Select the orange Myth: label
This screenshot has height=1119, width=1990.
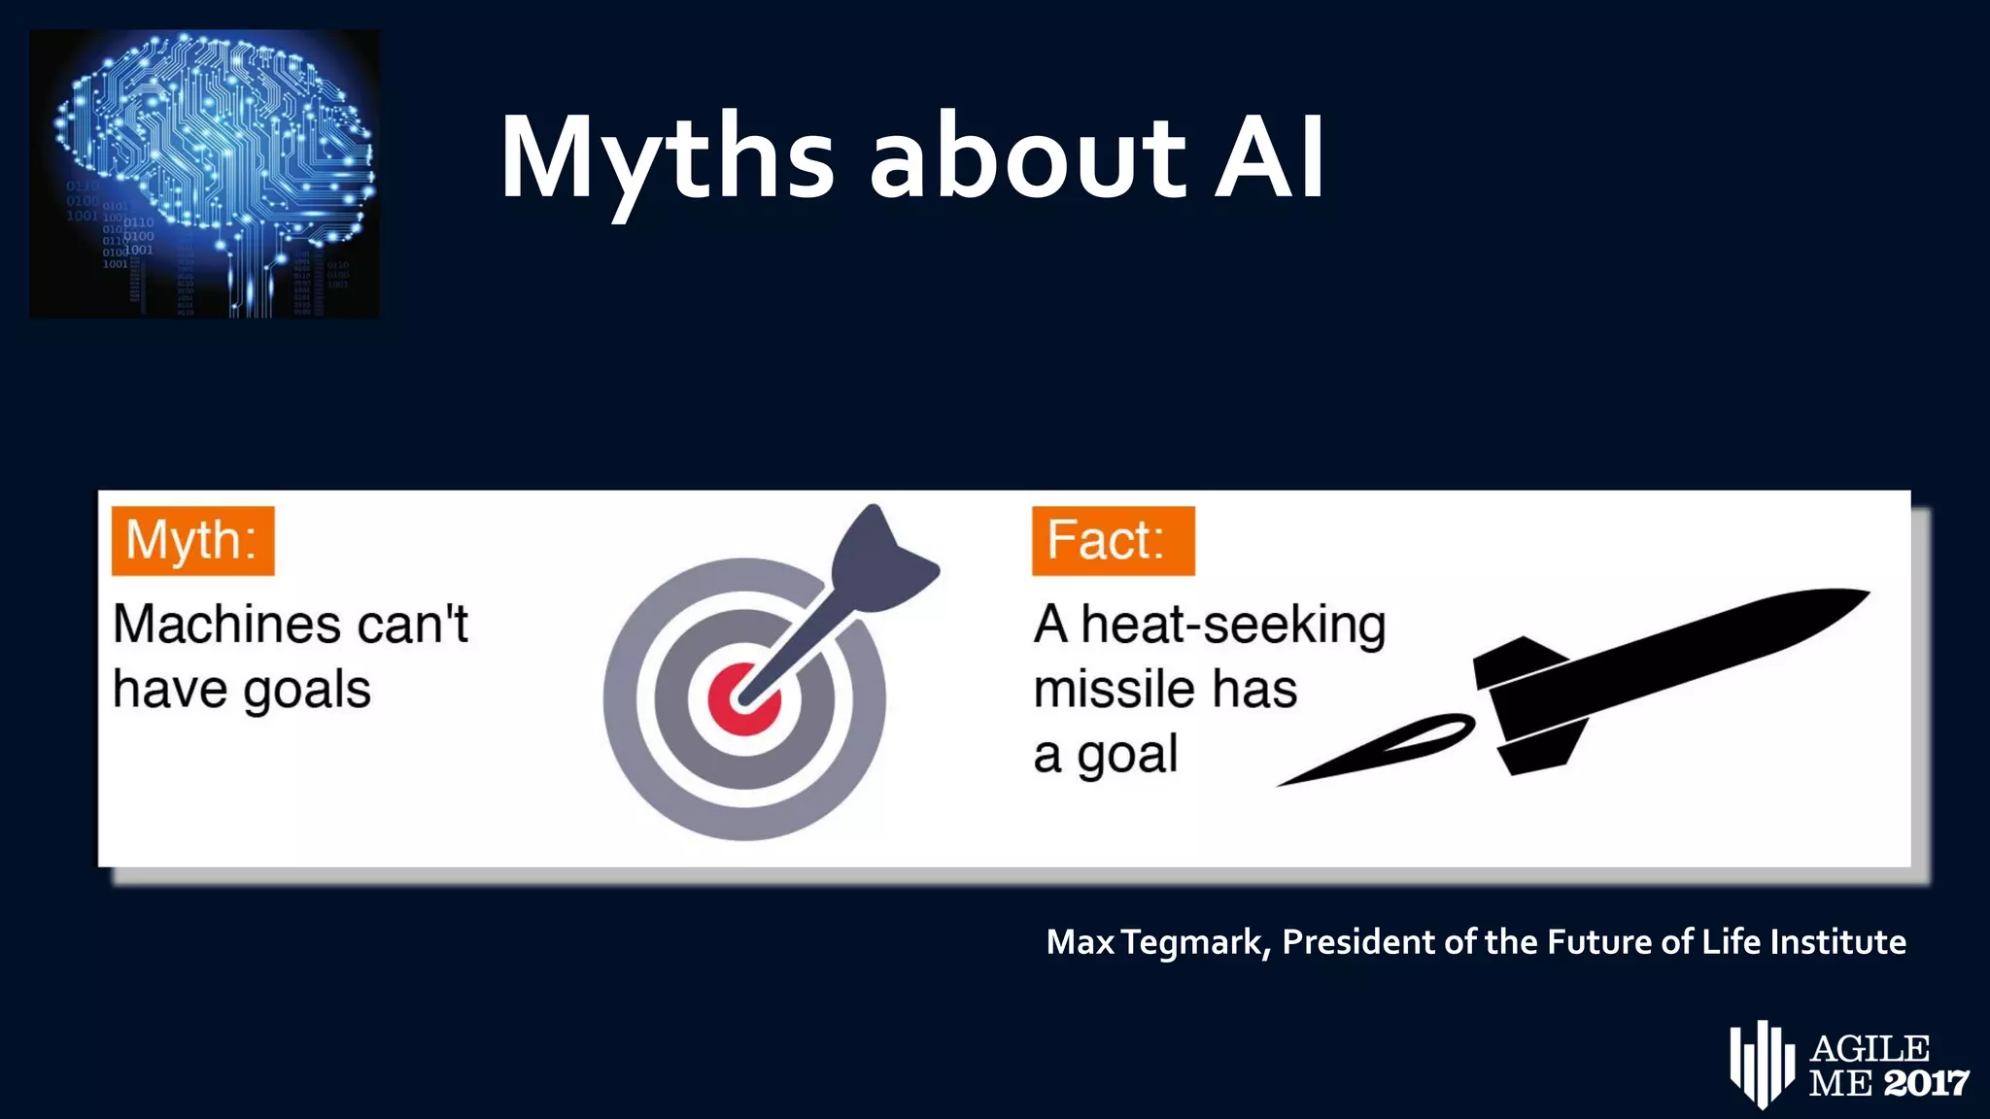coord(192,540)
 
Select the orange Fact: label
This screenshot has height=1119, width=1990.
coord(1113,540)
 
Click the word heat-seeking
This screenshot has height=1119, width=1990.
coord(1233,626)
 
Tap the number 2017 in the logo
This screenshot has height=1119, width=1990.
coord(1926,1083)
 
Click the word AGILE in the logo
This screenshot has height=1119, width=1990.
coord(1870,1049)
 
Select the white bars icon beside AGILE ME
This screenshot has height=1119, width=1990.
coord(1761,1064)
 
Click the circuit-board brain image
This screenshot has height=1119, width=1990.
coord(205,174)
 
